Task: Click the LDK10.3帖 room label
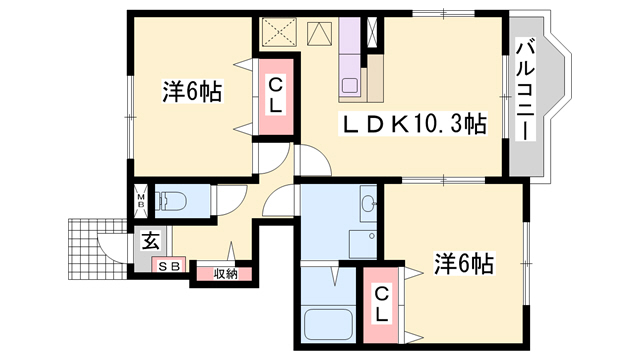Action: click(x=413, y=124)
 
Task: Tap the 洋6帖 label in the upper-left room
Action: click(x=192, y=91)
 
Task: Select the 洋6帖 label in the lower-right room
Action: click(x=464, y=263)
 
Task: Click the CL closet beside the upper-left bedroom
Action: click(x=276, y=97)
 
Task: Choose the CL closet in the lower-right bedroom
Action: click(x=381, y=304)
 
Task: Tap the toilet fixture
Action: click(x=172, y=200)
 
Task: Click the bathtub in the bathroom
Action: click(x=328, y=325)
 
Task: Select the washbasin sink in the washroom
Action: click(x=369, y=203)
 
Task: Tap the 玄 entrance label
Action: click(x=151, y=241)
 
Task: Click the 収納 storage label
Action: click(x=225, y=274)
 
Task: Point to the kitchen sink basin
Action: click(x=349, y=86)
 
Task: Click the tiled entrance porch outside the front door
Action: click(x=98, y=249)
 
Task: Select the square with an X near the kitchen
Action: click(x=279, y=31)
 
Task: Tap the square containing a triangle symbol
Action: click(x=320, y=33)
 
